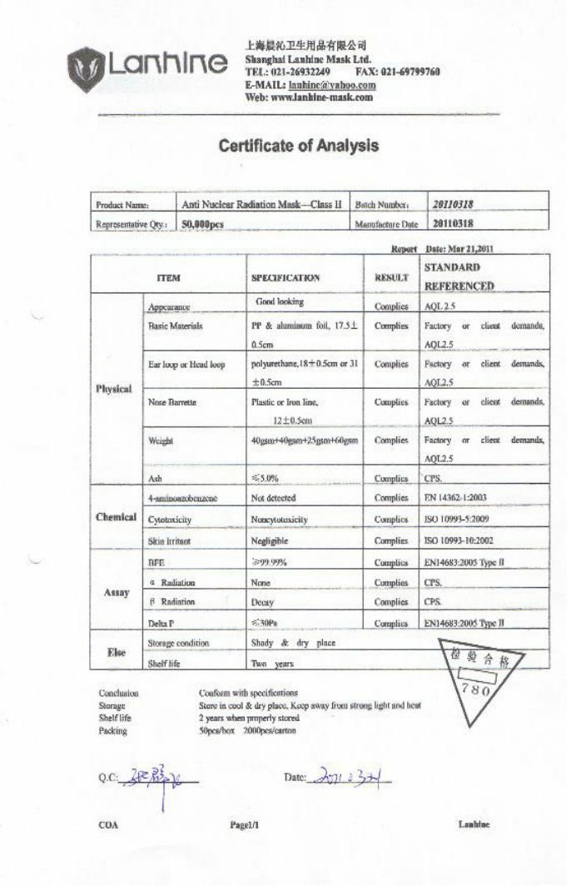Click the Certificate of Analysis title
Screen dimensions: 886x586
click(298, 146)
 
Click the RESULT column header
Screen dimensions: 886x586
click(390, 277)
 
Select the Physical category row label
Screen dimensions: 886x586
click(113, 389)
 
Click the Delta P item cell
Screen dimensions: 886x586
click(162, 623)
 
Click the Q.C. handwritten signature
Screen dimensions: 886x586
click(158, 779)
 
